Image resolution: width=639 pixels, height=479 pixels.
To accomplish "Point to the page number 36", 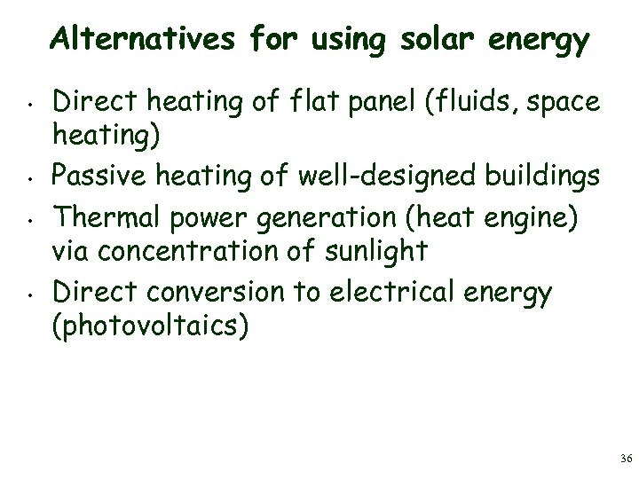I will (627, 459).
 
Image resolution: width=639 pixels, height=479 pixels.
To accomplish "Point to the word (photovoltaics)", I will (152, 327).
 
